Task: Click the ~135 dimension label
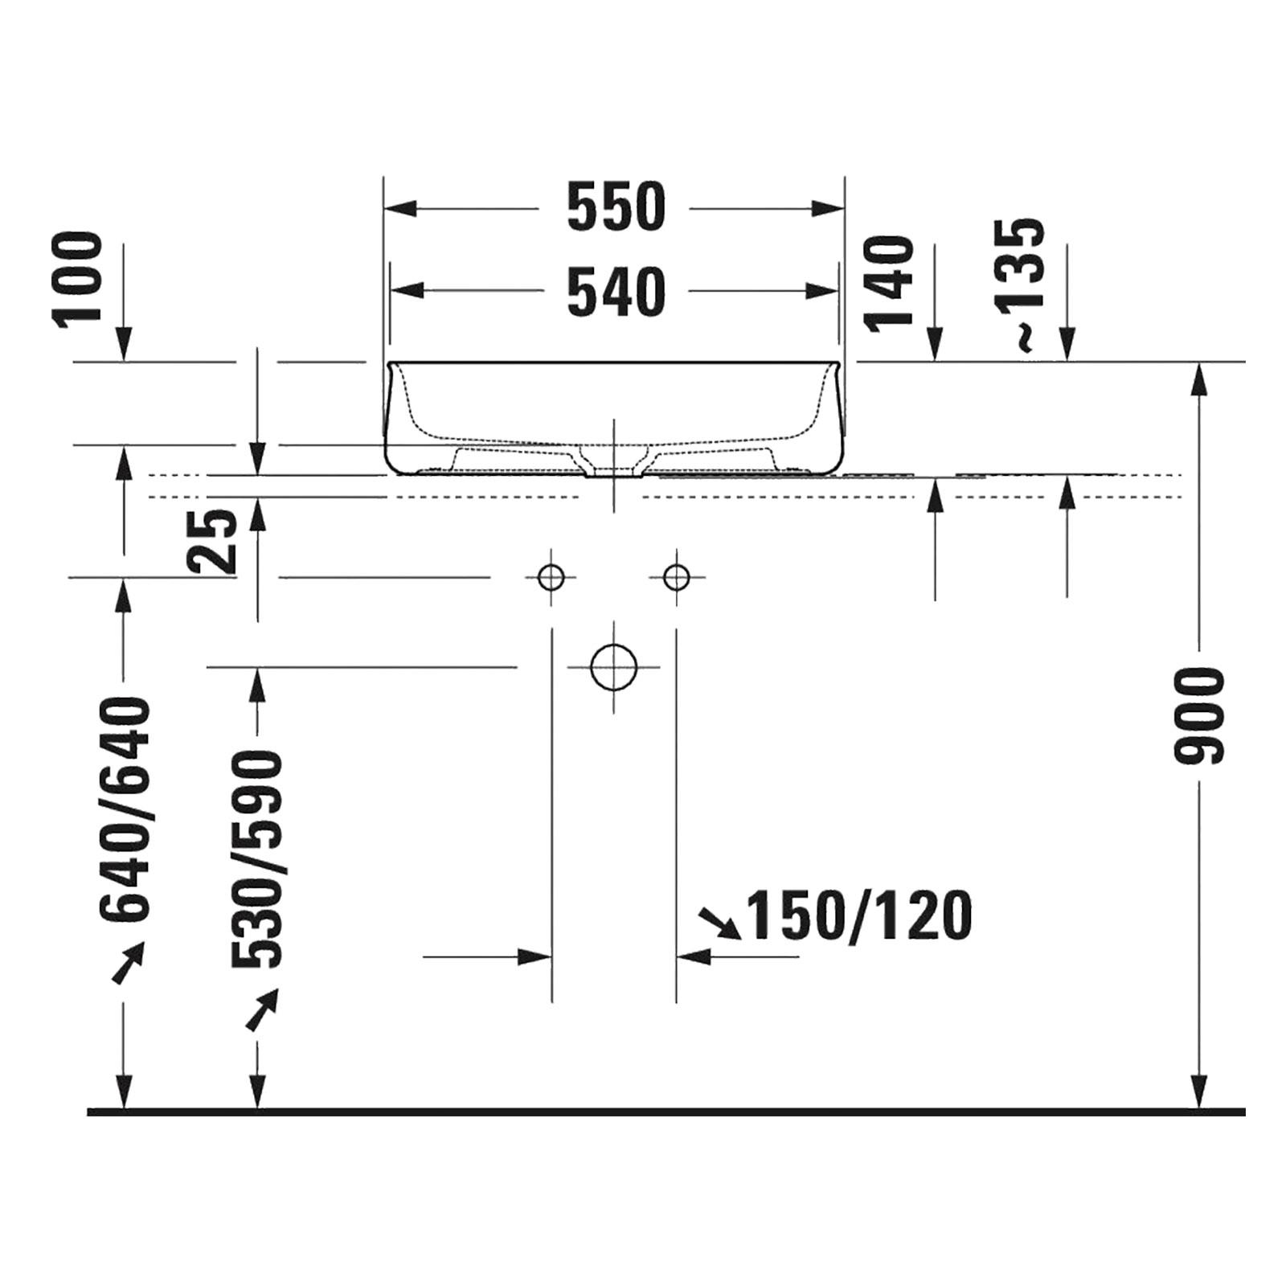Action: (1020, 286)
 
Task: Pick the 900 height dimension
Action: (1198, 715)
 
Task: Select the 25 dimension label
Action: (215, 541)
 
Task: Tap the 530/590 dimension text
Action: (257, 858)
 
